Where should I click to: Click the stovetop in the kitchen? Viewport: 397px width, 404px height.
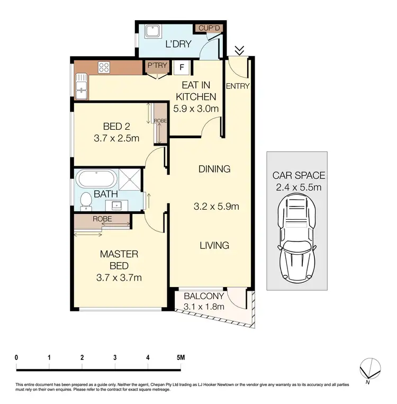click(104, 67)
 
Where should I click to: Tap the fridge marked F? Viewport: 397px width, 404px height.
click(182, 67)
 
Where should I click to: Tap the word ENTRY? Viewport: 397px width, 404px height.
click(237, 86)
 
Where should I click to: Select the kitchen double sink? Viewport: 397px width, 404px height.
click(82, 87)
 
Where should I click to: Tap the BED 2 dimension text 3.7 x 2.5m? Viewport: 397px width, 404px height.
click(116, 139)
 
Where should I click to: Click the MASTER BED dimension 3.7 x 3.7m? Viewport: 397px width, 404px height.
click(120, 277)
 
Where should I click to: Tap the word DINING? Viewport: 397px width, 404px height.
click(214, 169)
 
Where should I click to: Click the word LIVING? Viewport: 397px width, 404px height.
click(214, 245)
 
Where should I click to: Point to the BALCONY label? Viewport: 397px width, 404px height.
click(204, 296)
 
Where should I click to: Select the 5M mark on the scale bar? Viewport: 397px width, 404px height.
click(181, 357)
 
